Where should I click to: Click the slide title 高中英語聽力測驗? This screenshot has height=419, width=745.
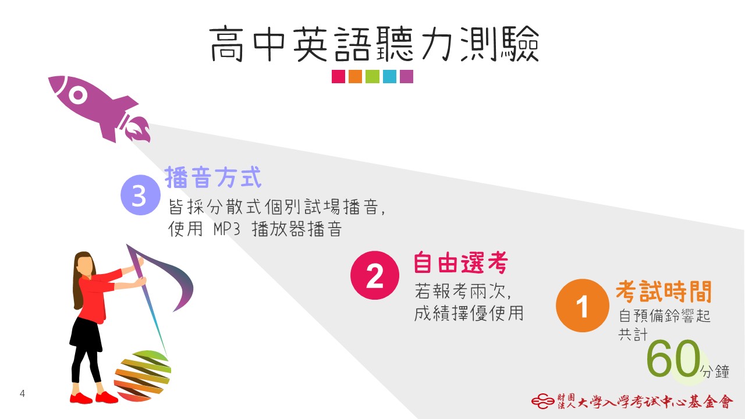click(374, 44)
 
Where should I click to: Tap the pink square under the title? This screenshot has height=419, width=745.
click(338, 76)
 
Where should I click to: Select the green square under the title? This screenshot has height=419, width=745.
click(372, 76)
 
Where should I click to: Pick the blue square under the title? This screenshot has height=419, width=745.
click(389, 76)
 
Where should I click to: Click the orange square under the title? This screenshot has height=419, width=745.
click(355, 76)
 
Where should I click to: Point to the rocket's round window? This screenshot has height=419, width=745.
click(78, 95)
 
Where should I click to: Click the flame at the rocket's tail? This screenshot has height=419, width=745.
click(138, 130)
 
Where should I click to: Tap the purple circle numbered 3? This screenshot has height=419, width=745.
click(140, 195)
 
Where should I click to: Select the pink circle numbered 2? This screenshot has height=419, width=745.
click(375, 275)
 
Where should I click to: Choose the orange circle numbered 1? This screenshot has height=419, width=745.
click(583, 306)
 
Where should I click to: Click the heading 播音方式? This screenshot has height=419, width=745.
click(213, 177)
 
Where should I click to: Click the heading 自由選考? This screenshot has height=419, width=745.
click(460, 262)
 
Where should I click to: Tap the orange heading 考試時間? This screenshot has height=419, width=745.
click(664, 292)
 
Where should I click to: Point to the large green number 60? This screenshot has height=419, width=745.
click(674, 358)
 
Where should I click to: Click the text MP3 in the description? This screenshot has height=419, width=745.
click(226, 229)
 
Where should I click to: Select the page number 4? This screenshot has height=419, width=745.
click(22, 393)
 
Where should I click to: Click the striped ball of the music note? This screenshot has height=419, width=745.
click(143, 376)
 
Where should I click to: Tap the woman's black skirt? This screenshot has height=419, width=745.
click(86, 334)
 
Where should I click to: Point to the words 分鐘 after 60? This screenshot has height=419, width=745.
click(715, 371)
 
